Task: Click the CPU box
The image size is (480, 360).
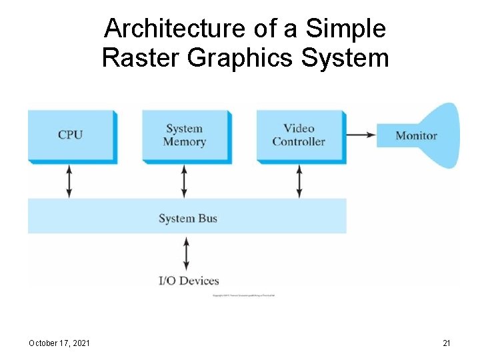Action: click(71, 135)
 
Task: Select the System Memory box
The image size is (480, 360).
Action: click(185, 135)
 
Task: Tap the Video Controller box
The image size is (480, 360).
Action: click(299, 135)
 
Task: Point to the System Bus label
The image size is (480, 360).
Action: click(188, 219)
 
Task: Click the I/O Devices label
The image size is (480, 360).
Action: click(189, 281)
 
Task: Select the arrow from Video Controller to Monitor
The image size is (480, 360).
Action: click(361, 135)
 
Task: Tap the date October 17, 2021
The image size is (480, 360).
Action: click(60, 343)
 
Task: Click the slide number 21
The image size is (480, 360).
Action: click(447, 343)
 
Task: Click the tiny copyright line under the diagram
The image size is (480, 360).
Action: click(243, 295)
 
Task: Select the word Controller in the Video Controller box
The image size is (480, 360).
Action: click(299, 142)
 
